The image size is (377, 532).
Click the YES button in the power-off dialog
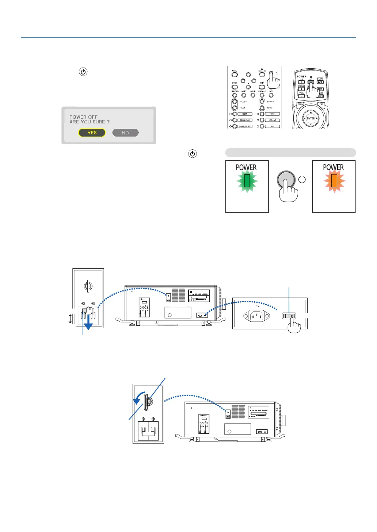point(92,133)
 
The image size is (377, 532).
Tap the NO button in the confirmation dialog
point(125,133)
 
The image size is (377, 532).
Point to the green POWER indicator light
point(247,181)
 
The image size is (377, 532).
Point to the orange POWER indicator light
point(334,181)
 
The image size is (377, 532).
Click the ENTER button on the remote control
point(311,118)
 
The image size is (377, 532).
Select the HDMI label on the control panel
point(245,114)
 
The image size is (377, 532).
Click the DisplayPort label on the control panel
point(245,120)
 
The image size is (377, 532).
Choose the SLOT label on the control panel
point(272,126)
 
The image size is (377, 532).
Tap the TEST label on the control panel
point(272,114)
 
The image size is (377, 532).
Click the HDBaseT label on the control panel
point(272,120)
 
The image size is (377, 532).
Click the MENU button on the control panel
point(235,74)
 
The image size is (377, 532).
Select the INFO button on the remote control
point(320,82)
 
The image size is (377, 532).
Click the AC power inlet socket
point(257,316)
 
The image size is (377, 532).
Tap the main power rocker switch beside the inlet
point(289,316)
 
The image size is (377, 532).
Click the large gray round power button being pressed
point(286,180)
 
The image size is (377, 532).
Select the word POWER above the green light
point(246,167)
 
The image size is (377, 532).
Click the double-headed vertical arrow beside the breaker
point(71,319)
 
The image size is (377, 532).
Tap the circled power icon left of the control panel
point(83,72)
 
